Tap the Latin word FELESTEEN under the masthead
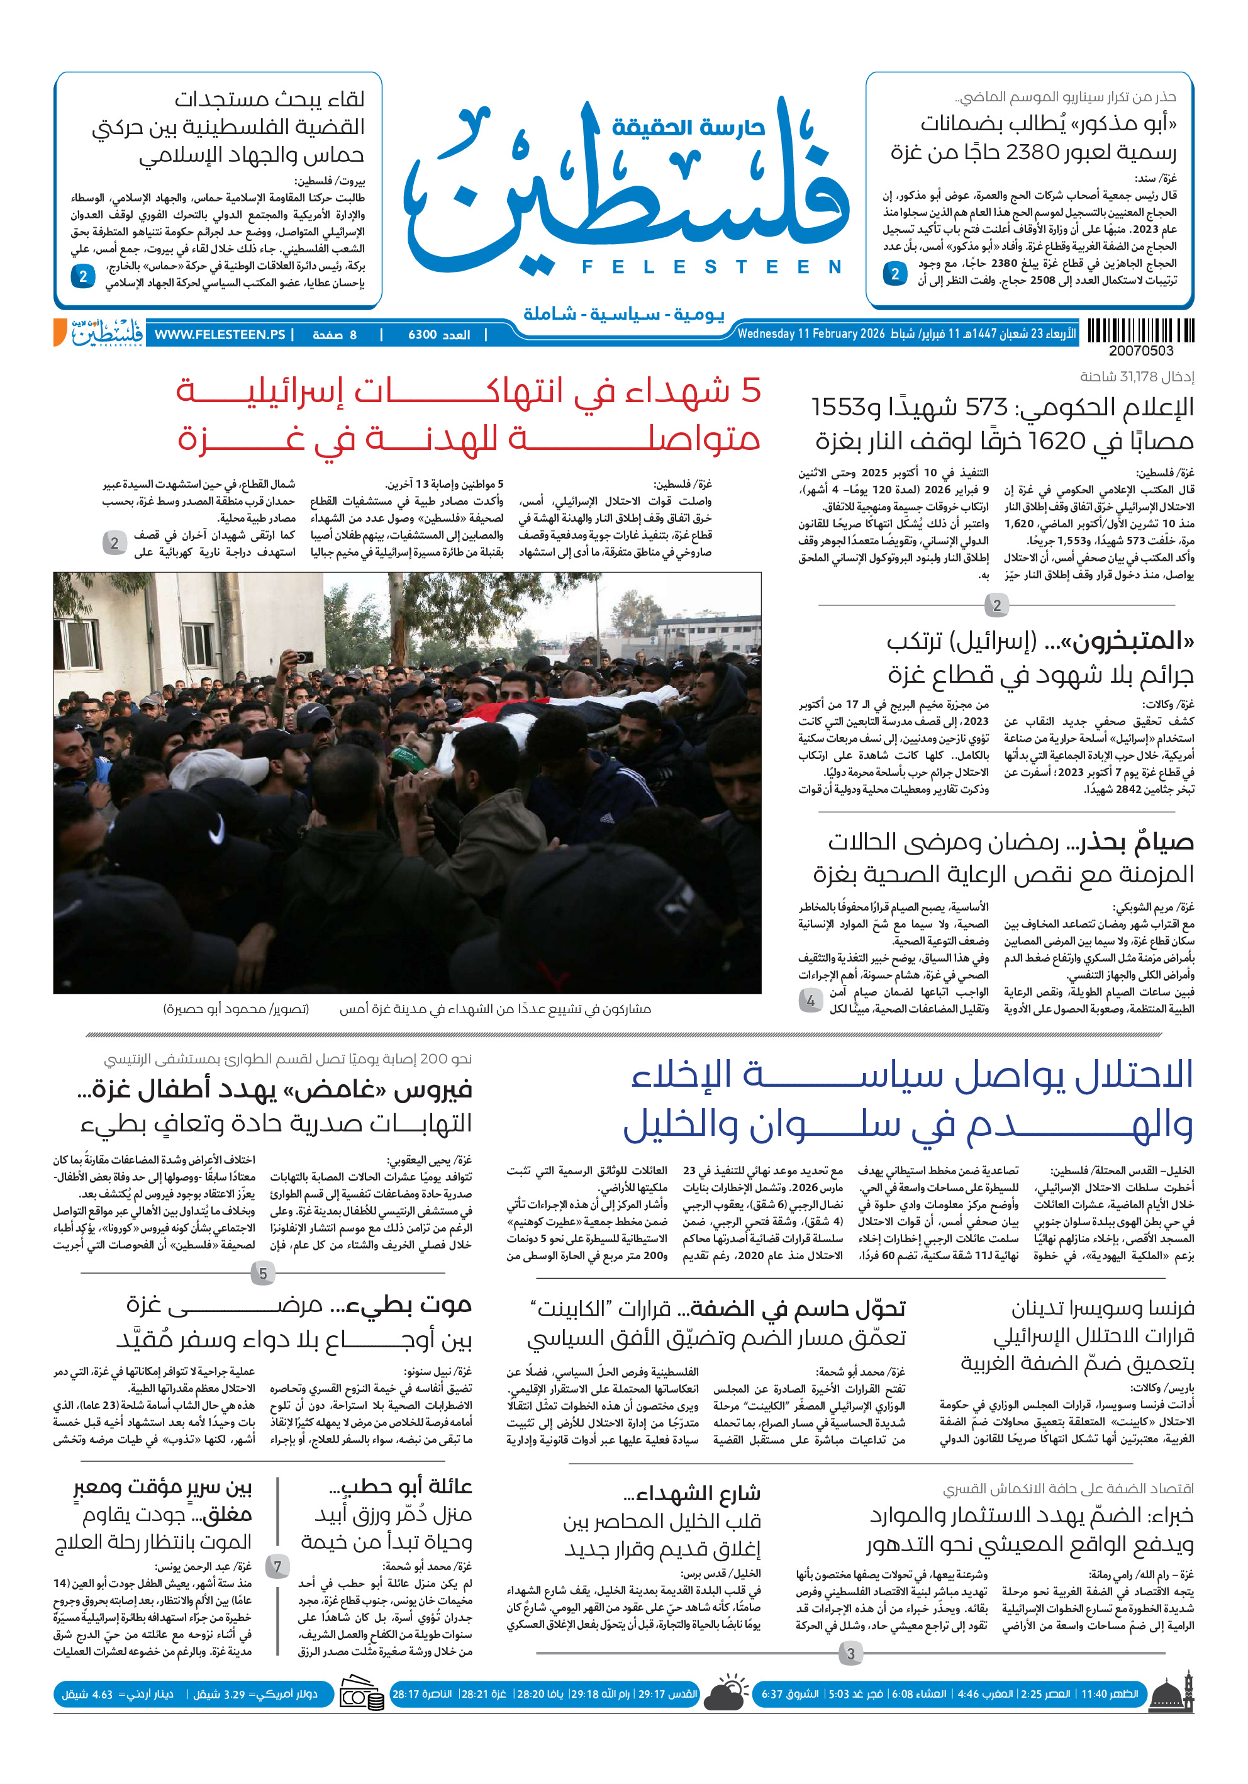pos(711,267)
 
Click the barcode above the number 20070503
pos(1140,331)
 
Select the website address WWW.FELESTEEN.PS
pos(220,335)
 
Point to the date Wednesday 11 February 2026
pos(811,334)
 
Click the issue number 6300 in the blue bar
pos(423,335)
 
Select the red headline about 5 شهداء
pos(468,414)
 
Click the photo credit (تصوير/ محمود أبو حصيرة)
pos(236,1009)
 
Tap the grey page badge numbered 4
pos(810,1001)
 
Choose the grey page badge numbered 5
pos(262,1274)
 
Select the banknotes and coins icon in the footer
pos(362,1695)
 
